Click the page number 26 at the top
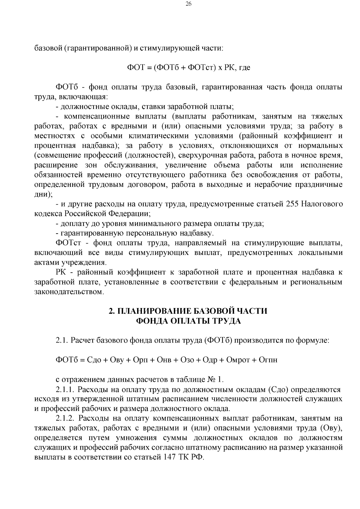(180, 4)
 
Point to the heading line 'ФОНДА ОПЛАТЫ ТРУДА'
(188, 321)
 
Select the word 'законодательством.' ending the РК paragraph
(69, 292)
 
